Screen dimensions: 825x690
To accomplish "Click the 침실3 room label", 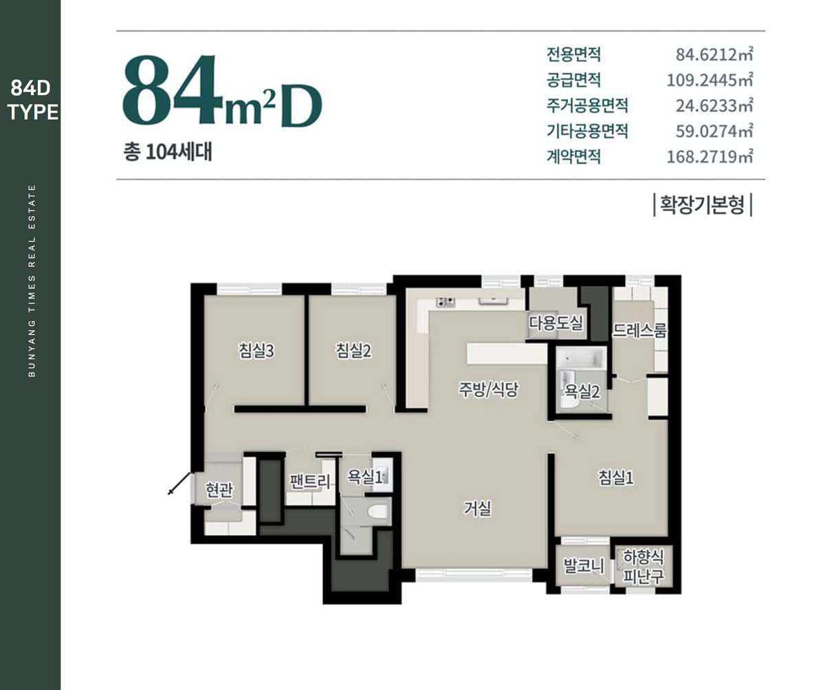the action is [x=256, y=351].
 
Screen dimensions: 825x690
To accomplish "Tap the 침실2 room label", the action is [x=353, y=351].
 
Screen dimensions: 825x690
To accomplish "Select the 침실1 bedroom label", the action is [x=616, y=477].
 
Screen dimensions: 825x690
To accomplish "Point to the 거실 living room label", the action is [x=477, y=508].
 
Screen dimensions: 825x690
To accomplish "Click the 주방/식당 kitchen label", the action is [x=488, y=389].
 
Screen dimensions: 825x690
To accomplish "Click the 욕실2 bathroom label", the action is [x=582, y=391].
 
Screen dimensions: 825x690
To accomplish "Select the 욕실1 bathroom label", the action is [x=364, y=477].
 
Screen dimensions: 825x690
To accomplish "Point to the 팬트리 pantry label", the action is [x=310, y=482].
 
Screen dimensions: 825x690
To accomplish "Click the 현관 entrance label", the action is [x=219, y=490].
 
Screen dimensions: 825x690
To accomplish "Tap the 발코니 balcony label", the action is [x=584, y=566].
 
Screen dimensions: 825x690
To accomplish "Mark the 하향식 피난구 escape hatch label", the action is [x=643, y=567].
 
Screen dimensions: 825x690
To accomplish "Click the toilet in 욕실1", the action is [x=377, y=511].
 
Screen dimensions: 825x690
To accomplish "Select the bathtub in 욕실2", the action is [x=581, y=359].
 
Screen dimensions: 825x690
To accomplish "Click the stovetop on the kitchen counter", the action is [x=445, y=302].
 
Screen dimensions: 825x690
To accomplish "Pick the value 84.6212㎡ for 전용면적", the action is [x=714, y=54].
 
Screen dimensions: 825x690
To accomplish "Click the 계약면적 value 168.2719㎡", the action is [x=710, y=157].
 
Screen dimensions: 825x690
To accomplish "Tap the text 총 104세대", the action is [x=168, y=152].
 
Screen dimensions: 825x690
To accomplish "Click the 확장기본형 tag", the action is [x=703, y=205].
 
